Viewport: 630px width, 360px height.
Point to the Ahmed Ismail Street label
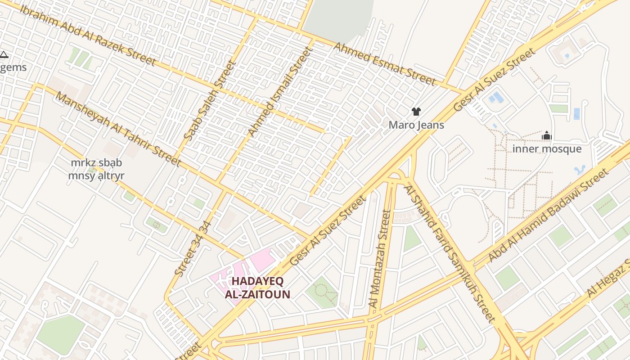point(279,91)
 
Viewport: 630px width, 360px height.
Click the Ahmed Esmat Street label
point(384,63)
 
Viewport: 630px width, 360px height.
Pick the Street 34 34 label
point(193,248)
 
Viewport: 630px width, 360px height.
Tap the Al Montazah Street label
point(380,259)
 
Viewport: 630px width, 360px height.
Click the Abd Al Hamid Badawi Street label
point(548,216)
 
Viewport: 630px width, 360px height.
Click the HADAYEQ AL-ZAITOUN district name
point(257,288)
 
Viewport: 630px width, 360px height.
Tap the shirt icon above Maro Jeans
point(416,111)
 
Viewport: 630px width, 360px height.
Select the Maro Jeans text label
point(416,125)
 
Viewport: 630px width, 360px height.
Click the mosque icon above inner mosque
point(547,135)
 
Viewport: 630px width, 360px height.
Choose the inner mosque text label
point(547,149)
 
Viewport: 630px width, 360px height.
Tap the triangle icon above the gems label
point(4,55)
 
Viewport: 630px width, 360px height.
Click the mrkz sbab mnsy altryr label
point(96,169)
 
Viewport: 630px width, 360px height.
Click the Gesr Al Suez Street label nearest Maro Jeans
point(495,80)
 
